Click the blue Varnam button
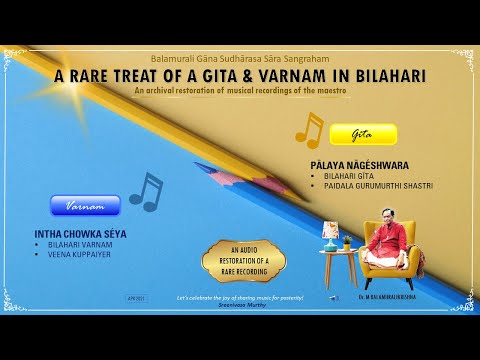pos(86,205)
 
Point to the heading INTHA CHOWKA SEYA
pos(80,234)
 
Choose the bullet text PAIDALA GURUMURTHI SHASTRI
pos(371,186)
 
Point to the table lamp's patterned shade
pos(331,232)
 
